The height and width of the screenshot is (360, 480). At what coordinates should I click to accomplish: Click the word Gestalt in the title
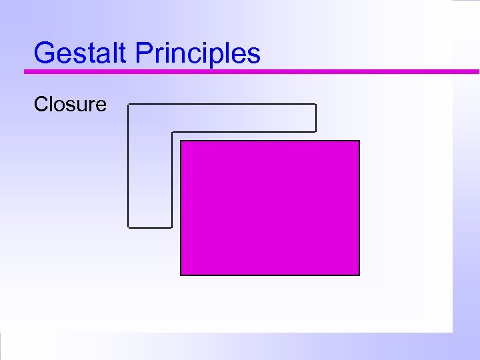(81, 53)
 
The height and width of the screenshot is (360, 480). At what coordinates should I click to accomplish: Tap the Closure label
(70, 104)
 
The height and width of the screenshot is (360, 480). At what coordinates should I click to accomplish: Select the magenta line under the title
(253, 71)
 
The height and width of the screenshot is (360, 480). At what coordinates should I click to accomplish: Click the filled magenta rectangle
(270, 207)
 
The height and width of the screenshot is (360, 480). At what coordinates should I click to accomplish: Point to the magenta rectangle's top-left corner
(181, 141)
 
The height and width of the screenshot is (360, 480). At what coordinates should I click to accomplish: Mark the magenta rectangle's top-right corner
(359, 141)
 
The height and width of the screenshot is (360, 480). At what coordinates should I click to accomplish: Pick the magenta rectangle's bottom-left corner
(181, 275)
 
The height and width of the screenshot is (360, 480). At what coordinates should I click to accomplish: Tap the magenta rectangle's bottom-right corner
(359, 275)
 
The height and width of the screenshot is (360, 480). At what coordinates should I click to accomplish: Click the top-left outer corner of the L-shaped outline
(128, 105)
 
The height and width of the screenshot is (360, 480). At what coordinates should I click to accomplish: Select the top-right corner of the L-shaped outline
(315, 105)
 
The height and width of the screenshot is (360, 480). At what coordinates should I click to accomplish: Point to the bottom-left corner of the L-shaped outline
(128, 227)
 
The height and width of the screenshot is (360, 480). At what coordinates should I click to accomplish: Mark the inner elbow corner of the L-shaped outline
(172, 132)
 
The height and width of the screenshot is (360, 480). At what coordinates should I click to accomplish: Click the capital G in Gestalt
(44, 53)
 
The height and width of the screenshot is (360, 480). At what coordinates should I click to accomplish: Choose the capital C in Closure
(41, 104)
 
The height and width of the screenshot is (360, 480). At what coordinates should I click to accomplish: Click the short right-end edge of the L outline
(315, 118)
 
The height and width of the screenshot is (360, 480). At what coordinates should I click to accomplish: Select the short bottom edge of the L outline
(150, 227)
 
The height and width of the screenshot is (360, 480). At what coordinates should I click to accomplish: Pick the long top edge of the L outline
(221, 105)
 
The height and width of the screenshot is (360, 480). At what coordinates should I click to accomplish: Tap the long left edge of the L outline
(128, 167)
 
